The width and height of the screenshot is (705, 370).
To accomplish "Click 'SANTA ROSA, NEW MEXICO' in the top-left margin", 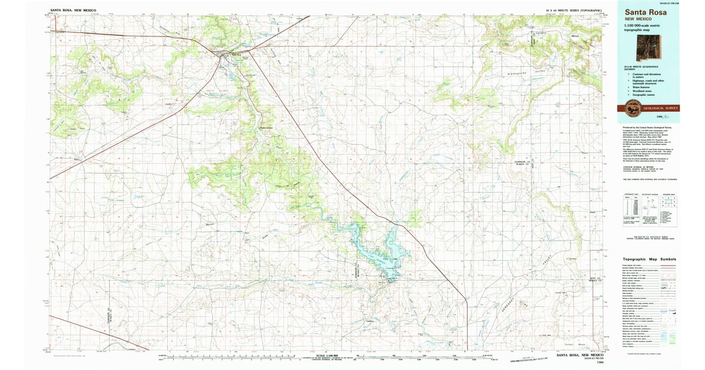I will [x=73, y=11].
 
